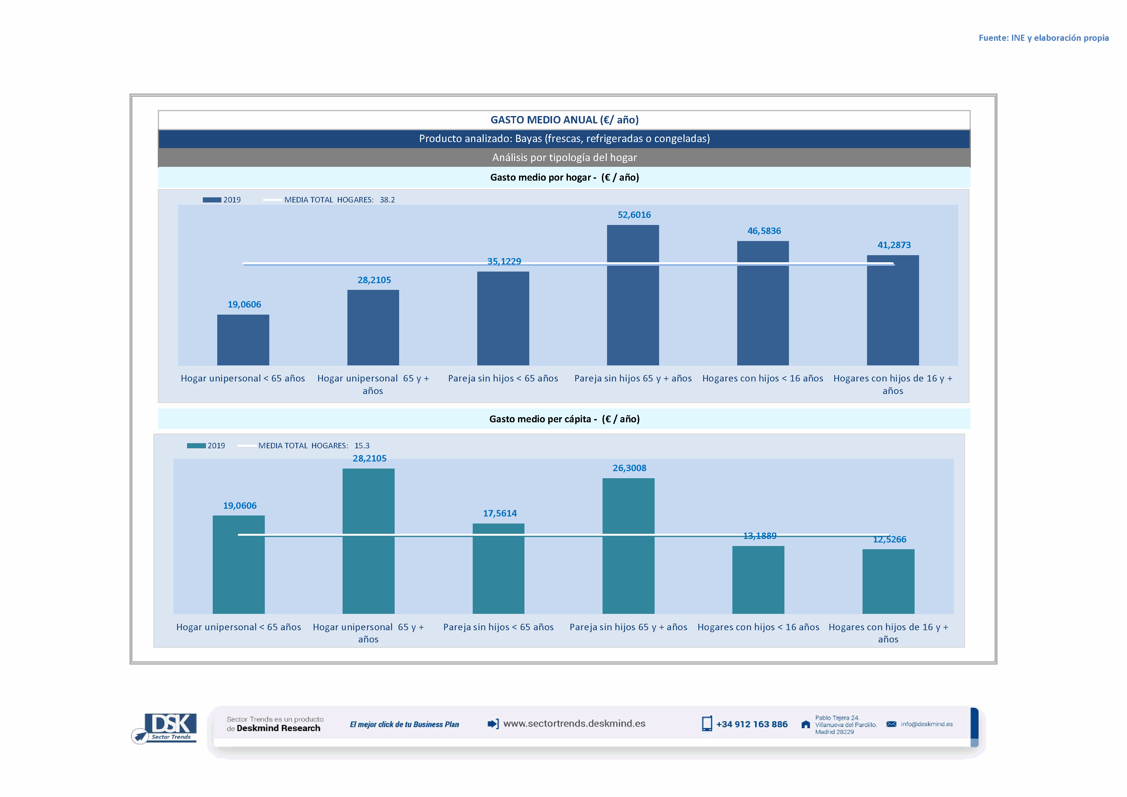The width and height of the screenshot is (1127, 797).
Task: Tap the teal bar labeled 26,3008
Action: [628, 546]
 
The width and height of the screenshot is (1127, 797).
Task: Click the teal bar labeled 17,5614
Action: [498, 568]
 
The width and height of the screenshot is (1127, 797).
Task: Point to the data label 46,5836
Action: [764, 231]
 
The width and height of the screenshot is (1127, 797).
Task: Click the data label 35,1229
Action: [504, 261]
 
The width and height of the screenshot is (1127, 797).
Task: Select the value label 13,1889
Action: [759, 535]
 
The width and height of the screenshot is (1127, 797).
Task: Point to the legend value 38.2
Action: [387, 200]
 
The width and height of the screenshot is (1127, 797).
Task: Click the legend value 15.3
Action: [362, 446]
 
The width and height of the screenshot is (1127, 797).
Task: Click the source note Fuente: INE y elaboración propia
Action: [1043, 38]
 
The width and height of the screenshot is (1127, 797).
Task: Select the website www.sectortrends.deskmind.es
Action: [574, 723]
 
